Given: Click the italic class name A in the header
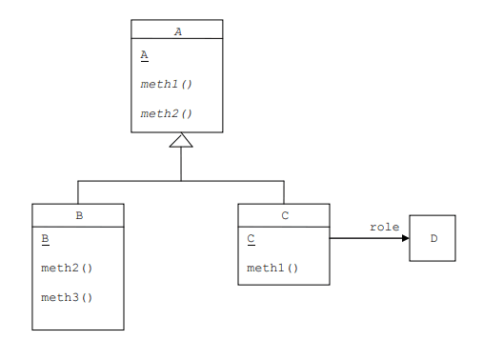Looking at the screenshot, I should pos(177,30).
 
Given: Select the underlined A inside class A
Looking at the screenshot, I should pos(144,55).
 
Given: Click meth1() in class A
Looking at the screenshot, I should pos(167,84).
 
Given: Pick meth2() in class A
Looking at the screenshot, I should pos(167,113).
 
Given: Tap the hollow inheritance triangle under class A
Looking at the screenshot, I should pos(181,141).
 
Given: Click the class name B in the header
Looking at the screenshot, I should pos(78,215).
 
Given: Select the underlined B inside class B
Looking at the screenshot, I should pos(46,239).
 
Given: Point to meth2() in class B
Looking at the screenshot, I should pos(68,268).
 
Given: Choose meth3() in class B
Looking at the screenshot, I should pos(68,297).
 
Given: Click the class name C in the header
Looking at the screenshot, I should pos(284,215).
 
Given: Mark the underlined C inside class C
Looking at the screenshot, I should pos(252,239).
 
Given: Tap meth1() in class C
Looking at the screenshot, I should pos(273,268).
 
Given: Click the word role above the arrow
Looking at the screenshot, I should pos(384,227).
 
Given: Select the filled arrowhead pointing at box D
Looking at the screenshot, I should pos(404,238).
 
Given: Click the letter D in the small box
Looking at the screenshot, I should pos(433,238).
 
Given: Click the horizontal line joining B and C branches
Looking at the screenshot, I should pos(229,181).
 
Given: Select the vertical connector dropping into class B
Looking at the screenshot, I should pos(78,192).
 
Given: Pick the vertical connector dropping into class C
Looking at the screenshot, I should pos(284,192).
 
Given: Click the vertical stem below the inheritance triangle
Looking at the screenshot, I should pos(181,165).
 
